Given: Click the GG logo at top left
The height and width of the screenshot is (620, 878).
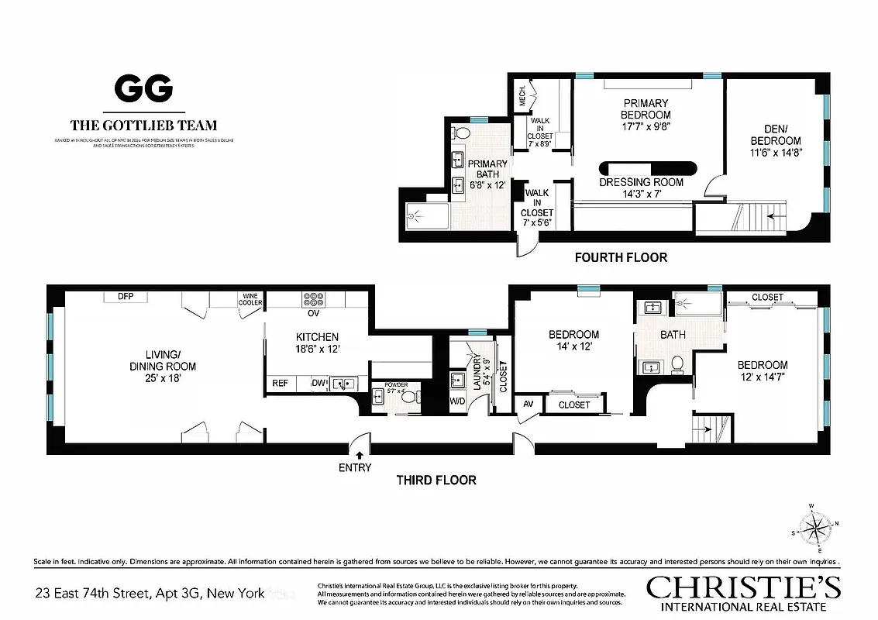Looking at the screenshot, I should point(143,89).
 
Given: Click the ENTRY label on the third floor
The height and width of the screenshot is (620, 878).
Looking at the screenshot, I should point(355,467).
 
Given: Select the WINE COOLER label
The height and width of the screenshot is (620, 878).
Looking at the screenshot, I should point(252,300).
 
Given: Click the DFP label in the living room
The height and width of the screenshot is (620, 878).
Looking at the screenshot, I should point(126,296).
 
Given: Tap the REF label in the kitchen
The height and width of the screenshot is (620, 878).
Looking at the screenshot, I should point(280,383).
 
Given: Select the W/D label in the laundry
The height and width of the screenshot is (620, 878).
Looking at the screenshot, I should point(458,401).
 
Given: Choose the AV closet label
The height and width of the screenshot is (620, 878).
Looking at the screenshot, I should point(529,404).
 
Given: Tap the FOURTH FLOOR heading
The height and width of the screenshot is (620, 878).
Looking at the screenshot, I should point(620,257).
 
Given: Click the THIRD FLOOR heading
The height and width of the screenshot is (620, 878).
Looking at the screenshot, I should point(436,480).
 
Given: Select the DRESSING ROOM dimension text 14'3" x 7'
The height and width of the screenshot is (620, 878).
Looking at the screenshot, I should point(642,194).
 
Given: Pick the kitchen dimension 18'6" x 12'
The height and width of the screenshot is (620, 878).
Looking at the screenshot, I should point(316,350).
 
